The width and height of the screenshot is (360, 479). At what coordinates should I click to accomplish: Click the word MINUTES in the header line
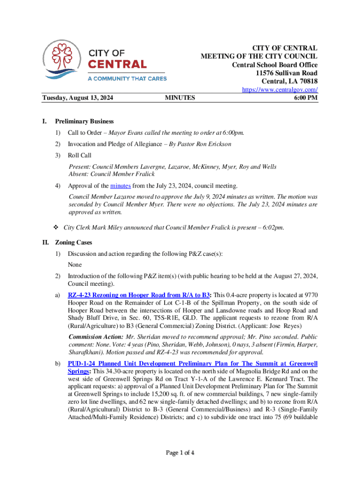[x=180, y=98]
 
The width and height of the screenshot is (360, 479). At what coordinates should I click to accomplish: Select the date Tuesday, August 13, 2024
[x=79, y=98]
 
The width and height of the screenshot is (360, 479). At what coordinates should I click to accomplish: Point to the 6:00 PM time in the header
[x=306, y=98]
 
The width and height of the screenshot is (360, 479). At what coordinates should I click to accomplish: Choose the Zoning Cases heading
[x=73, y=243]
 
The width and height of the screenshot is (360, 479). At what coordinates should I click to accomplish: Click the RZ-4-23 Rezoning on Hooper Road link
[x=139, y=295]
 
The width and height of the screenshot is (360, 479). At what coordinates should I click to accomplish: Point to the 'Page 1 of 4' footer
[x=180, y=453]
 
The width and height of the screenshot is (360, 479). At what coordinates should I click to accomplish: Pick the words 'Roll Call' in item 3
[x=79, y=155]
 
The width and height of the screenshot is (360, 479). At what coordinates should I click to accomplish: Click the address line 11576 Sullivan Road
[x=287, y=73]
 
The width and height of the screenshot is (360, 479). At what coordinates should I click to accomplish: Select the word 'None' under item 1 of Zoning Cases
[x=75, y=265]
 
